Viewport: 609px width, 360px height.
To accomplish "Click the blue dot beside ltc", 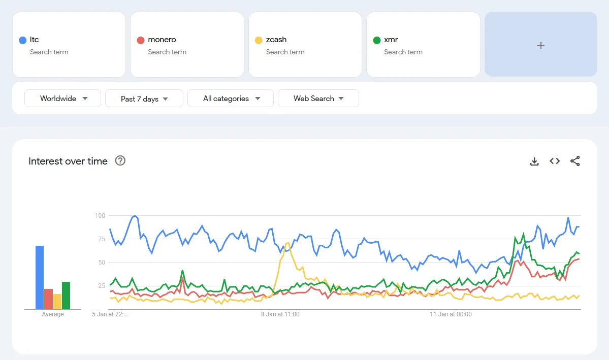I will pos(22,40).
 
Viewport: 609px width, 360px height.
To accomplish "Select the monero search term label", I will pos(162,40).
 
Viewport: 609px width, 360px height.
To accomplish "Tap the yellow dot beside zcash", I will pos(259,40).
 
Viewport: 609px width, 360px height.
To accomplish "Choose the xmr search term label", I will pos(391,40).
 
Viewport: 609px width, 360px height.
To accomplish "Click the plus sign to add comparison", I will pos(541,46).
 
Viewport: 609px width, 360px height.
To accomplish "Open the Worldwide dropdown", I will pos(63,99).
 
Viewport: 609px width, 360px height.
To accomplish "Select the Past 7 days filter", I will pos(144,99).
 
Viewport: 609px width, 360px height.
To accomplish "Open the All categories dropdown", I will pos(231,99).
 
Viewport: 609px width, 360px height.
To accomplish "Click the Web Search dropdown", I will pos(318,99).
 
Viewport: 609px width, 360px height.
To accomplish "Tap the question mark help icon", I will pos(120,161).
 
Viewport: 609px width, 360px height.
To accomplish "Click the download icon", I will pos(534,161).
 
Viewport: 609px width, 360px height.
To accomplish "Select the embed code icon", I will pos(555,161).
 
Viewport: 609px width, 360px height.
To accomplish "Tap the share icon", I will pos(575,161).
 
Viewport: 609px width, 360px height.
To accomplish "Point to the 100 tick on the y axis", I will pos(100,216).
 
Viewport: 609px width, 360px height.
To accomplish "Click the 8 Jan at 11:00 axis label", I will pos(280,314).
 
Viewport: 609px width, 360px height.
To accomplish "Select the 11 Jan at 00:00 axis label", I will pos(451,314).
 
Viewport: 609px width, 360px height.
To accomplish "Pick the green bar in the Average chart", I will pos(66,296).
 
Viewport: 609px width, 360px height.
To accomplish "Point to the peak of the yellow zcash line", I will pos(288,243).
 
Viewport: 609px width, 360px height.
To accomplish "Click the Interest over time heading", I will pos(68,161).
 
